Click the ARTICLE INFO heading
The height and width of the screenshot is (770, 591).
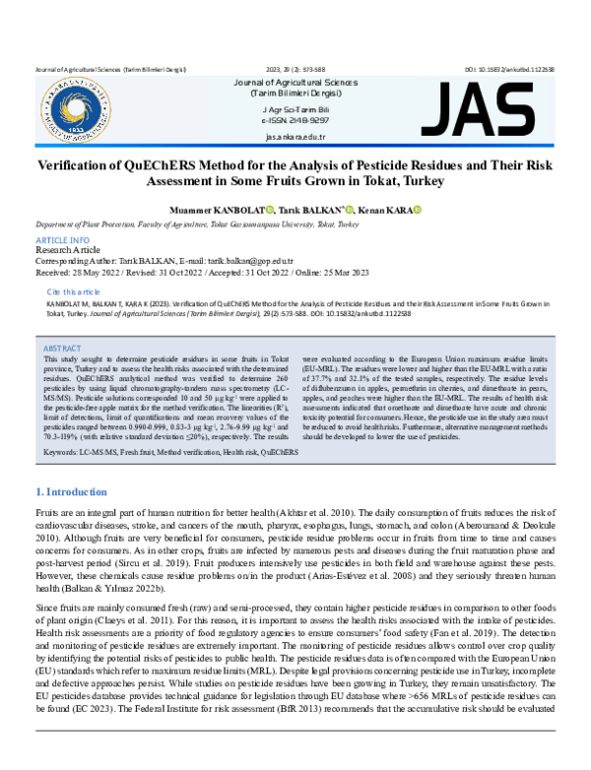62,241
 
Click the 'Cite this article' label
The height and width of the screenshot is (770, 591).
74,292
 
